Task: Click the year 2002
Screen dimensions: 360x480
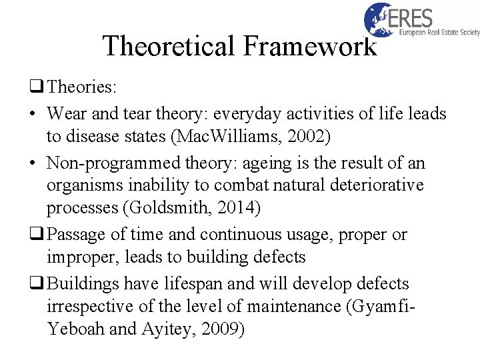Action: (317, 137)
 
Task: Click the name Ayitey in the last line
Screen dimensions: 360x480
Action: (174, 329)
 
